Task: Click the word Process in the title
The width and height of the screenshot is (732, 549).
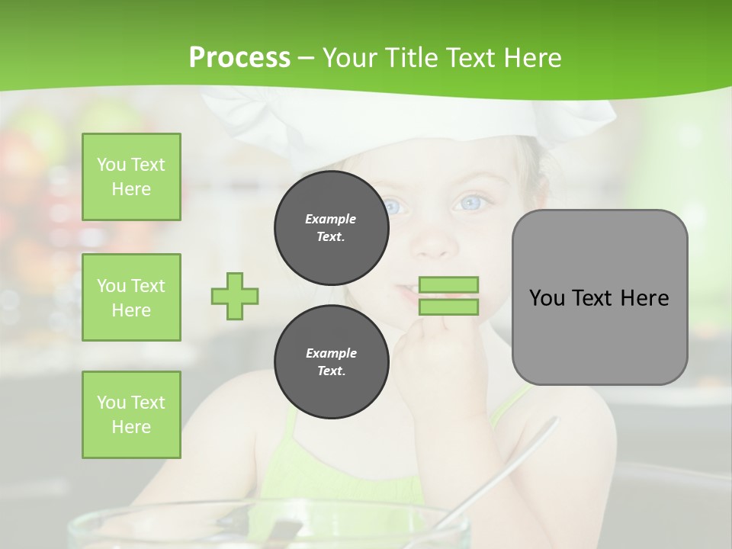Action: tap(239, 58)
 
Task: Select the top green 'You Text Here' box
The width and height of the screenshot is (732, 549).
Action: tap(131, 177)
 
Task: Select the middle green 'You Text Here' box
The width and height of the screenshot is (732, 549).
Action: tap(131, 297)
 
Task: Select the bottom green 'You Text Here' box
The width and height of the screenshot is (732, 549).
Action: tap(131, 414)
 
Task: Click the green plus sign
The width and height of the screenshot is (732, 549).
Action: tap(235, 296)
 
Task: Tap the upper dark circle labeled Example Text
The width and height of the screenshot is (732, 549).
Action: tap(331, 228)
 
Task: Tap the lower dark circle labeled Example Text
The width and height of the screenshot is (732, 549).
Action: tap(331, 362)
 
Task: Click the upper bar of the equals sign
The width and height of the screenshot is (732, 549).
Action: tap(448, 285)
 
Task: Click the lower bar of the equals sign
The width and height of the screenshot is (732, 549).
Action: tap(448, 307)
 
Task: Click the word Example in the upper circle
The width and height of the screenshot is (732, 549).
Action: tap(331, 219)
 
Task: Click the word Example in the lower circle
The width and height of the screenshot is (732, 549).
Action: tap(331, 353)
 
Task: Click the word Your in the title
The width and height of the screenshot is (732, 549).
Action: tap(348, 58)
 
